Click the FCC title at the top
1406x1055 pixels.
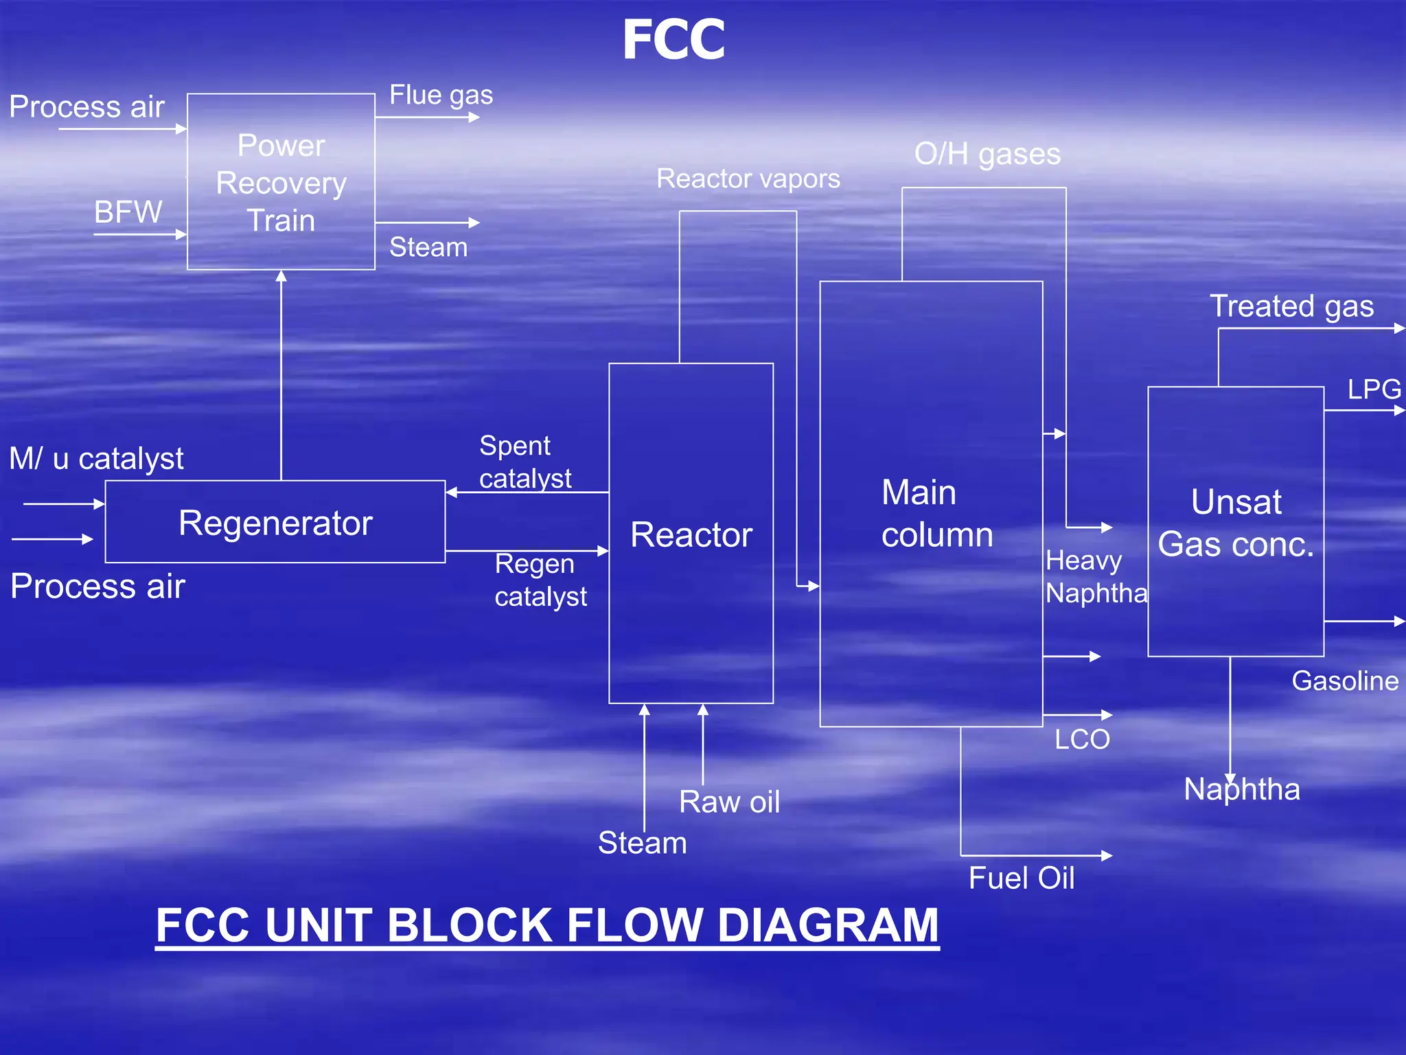(x=673, y=40)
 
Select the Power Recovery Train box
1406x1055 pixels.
(x=281, y=182)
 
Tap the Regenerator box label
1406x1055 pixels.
(x=275, y=523)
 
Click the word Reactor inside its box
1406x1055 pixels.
(x=691, y=534)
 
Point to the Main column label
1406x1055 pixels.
(x=936, y=513)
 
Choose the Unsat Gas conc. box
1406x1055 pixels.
(x=1236, y=523)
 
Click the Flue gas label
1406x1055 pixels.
(x=441, y=95)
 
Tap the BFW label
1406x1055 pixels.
(x=128, y=212)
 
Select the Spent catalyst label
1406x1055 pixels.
(x=525, y=462)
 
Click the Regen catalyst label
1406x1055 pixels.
(x=540, y=580)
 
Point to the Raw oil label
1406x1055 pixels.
(x=729, y=802)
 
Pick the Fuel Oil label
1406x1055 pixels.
(x=1021, y=878)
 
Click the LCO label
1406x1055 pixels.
(x=1082, y=739)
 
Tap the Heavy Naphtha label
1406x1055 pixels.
(x=1096, y=577)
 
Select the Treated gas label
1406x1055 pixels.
(x=1291, y=306)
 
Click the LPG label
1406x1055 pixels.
(x=1374, y=389)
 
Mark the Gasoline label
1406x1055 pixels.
(x=1345, y=681)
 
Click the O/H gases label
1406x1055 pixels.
(x=987, y=154)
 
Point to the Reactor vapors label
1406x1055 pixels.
(x=748, y=179)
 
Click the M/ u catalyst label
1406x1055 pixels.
(x=97, y=458)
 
